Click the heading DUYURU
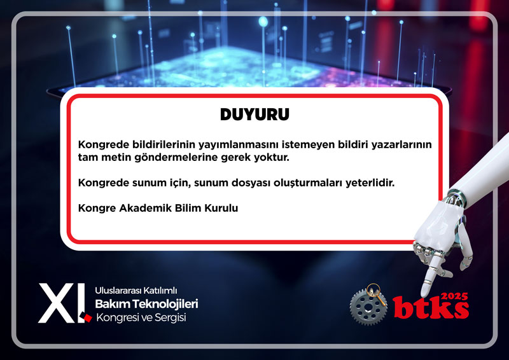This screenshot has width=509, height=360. pyautogui.click(x=254, y=114)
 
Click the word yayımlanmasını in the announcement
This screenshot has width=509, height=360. pyautogui.click(x=239, y=144)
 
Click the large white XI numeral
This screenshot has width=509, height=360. pyautogui.click(x=62, y=303)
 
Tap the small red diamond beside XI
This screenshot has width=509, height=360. pyautogui.click(x=87, y=317)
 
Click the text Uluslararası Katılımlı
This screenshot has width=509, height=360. pyautogui.click(x=136, y=290)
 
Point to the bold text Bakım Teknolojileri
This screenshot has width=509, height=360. pyautogui.click(x=146, y=304)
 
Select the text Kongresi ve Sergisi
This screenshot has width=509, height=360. pyautogui.click(x=141, y=317)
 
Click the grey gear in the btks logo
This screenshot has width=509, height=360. pyautogui.click(x=368, y=307)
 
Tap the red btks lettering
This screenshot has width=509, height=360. pyautogui.click(x=431, y=307)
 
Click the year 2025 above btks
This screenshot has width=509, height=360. pyautogui.click(x=455, y=296)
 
